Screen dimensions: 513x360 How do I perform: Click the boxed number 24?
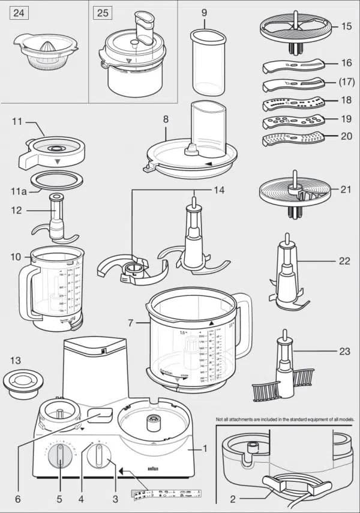point(19,13)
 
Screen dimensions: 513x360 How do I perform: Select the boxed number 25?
point(103,13)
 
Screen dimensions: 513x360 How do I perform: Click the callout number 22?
point(344,262)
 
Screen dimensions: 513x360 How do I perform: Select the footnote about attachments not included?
point(285,419)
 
